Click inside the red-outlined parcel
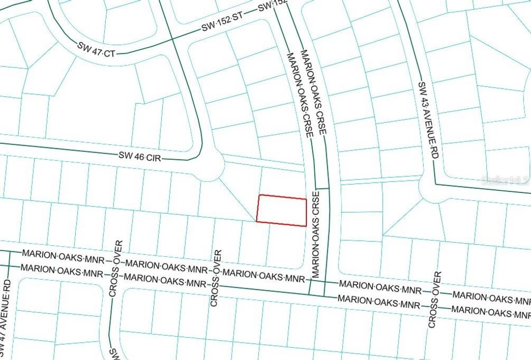click(x=282, y=211)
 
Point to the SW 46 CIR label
click(x=139, y=156)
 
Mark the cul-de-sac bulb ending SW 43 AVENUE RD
click(x=433, y=189)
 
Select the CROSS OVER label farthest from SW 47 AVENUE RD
click(x=435, y=299)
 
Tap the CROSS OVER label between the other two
click(x=215, y=278)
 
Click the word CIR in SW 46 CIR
click(x=154, y=157)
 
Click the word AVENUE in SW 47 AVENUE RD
click(x=7, y=320)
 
